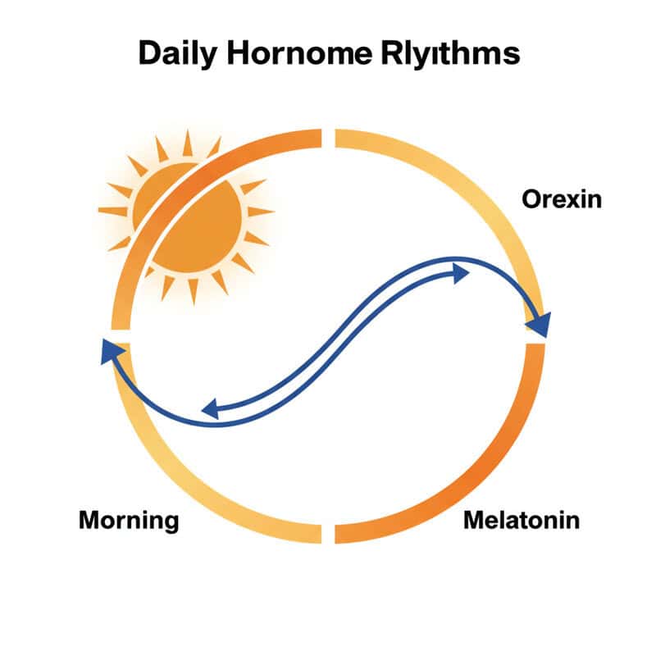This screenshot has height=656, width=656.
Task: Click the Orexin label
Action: [x=562, y=199]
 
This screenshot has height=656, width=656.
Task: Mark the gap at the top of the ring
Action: [x=328, y=137]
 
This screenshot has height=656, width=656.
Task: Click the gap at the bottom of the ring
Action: [x=328, y=533]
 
